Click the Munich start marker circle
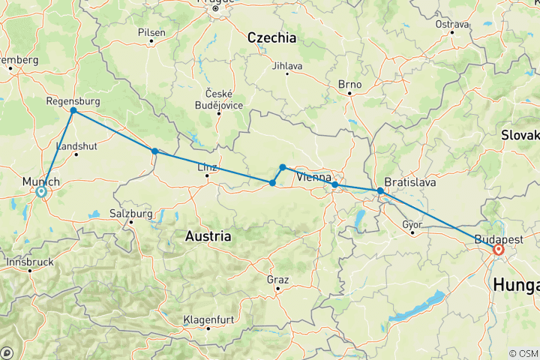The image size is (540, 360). click(41, 192)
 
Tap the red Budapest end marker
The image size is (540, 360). click(498, 249)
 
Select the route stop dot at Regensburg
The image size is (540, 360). click(73, 111)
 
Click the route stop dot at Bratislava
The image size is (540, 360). click(380, 191)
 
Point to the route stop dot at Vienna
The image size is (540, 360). click(334, 184)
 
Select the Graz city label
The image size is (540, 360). click(277, 279)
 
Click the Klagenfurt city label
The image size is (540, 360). click(208, 319)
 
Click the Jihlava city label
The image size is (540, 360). click(288, 66)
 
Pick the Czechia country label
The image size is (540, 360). click(271, 37)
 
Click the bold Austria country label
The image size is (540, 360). click(208, 235)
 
